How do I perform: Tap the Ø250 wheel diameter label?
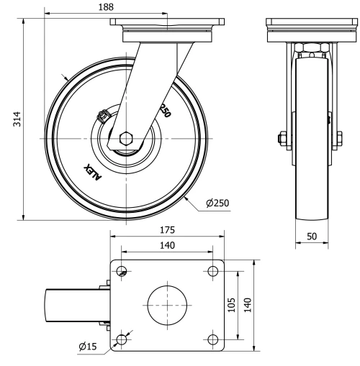[x=217, y=203]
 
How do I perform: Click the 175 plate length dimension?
[x=166, y=230]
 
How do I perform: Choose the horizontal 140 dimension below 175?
[x=166, y=245]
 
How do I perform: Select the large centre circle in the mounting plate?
[x=166, y=304]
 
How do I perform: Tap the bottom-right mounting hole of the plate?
[x=212, y=338]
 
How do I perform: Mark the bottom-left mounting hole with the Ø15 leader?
[x=122, y=338]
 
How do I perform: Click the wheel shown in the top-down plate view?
[x=73, y=305]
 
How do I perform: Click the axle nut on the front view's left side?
[x=280, y=137]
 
